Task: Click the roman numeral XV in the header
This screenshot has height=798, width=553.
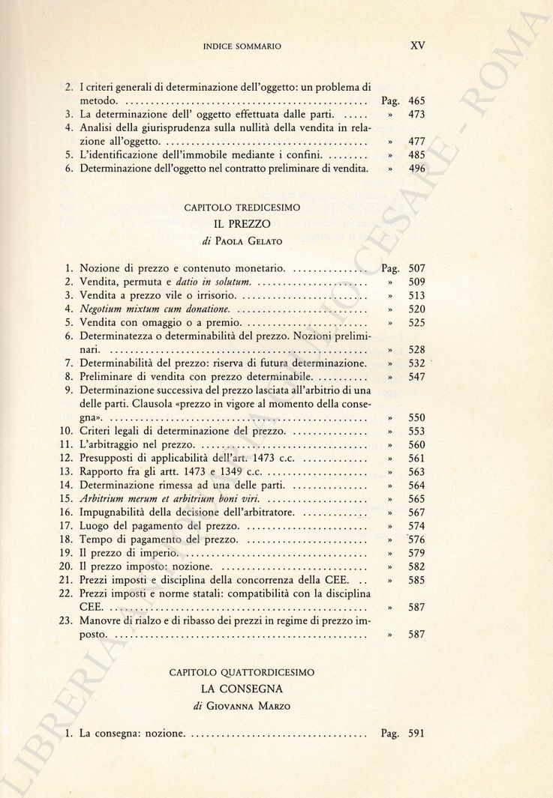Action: coord(418,45)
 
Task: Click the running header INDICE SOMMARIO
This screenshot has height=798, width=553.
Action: coord(242,46)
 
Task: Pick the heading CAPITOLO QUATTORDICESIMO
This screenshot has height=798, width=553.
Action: coord(242,673)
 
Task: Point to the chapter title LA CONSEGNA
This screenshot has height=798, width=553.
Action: coord(242,689)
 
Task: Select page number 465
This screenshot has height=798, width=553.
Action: coord(416,100)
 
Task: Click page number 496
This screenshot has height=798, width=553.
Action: coord(416,169)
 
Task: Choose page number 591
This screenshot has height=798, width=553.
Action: coord(416,734)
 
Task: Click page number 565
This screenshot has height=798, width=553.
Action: coord(416,499)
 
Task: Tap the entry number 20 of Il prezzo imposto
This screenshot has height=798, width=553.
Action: coord(65,566)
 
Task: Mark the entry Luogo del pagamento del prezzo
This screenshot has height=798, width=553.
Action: coord(160,526)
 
